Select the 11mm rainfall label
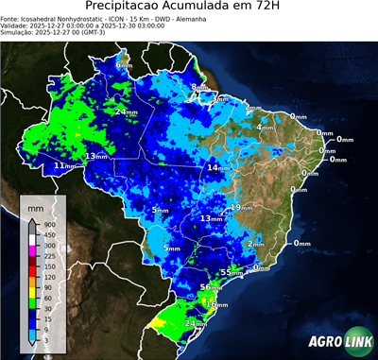tap(64, 166)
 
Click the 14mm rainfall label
tap(218, 168)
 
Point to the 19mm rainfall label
tap(240, 207)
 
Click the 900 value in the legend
tap(48, 224)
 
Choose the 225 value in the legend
tap(48, 255)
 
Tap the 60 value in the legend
tap(46, 298)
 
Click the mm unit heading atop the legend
tap(35, 205)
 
